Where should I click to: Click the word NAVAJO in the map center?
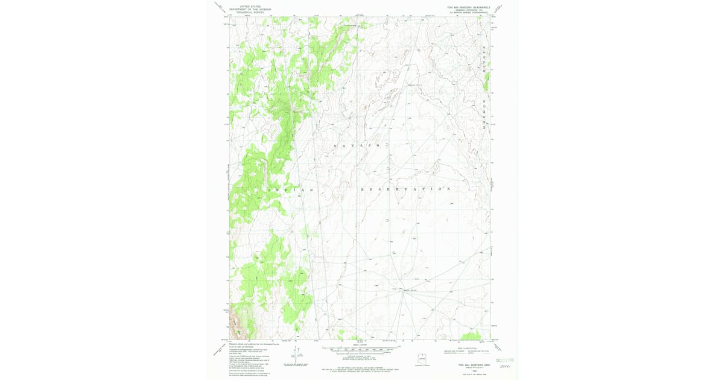357,146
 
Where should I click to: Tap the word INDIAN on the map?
288,190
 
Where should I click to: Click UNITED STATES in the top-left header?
250,6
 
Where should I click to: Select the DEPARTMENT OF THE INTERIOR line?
250,8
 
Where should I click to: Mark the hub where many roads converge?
403,290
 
